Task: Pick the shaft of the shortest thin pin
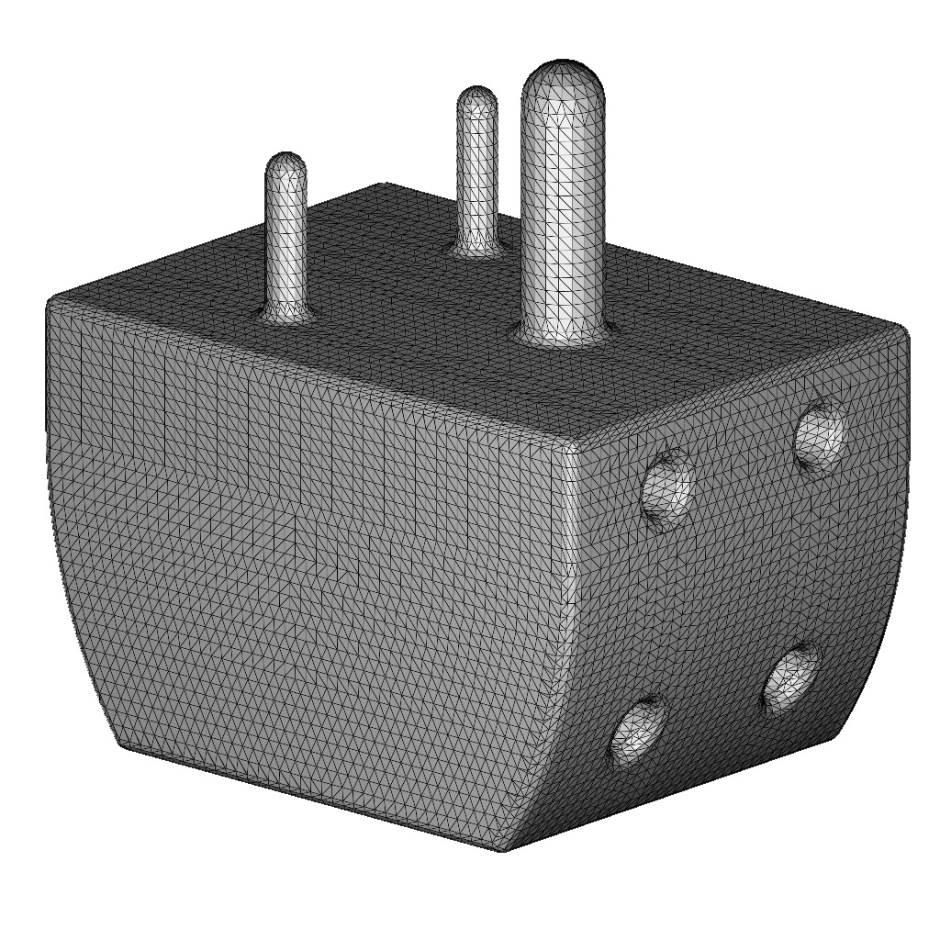click(286, 239)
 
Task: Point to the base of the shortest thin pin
click(286, 314)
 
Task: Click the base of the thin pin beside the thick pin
click(477, 245)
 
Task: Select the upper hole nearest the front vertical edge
click(667, 487)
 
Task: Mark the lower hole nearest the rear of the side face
click(791, 677)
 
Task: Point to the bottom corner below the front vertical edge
click(502, 850)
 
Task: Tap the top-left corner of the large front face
click(50, 302)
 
